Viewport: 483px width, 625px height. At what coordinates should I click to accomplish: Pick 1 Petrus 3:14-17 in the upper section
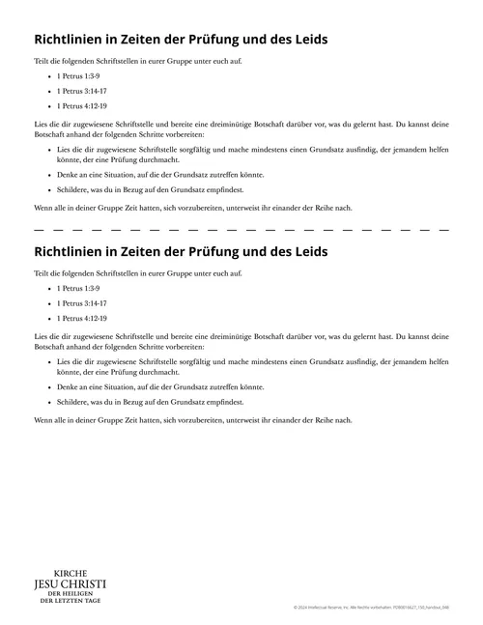pyautogui.click(x=82, y=90)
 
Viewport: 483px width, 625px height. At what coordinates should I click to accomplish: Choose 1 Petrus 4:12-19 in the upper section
pyautogui.click(x=82, y=105)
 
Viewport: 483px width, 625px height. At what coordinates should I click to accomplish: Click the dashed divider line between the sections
pyautogui.click(x=241, y=230)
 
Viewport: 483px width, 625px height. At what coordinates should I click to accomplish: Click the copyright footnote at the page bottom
pyautogui.click(x=371, y=608)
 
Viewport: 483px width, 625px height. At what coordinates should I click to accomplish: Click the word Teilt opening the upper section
pyautogui.click(x=43, y=60)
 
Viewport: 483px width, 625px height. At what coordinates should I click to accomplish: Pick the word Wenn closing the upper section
pyautogui.click(x=43, y=208)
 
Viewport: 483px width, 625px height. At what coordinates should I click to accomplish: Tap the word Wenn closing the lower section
pyautogui.click(x=43, y=420)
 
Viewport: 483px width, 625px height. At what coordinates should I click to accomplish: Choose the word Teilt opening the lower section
pyautogui.click(x=43, y=272)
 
